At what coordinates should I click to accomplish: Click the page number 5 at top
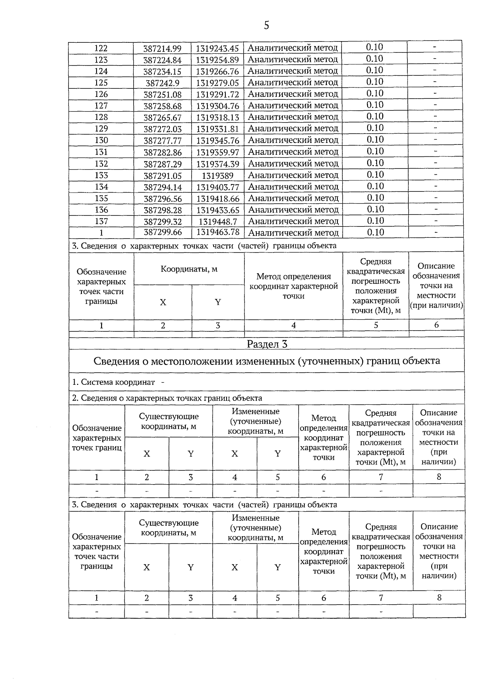pyautogui.click(x=266, y=26)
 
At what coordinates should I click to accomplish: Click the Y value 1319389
pyautogui.click(x=218, y=176)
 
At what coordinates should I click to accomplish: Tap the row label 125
pyautogui.click(x=101, y=83)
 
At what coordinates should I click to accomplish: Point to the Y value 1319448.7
pyautogui.click(x=218, y=222)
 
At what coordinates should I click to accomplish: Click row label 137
pyautogui.click(x=101, y=221)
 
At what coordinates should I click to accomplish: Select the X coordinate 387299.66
pyautogui.click(x=162, y=233)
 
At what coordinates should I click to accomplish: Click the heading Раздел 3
pyautogui.click(x=267, y=344)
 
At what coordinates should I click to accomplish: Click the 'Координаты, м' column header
pyautogui.click(x=189, y=269)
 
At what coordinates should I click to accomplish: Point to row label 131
pyautogui.click(x=101, y=152)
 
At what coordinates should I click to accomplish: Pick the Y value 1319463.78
pyautogui.click(x=218, y=233)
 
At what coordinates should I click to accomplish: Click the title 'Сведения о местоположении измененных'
pyautogui.click(x=267, y=361)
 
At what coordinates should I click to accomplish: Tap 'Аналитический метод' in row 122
pyautogui.click(x=293, y=48)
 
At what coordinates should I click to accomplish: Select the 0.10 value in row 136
pyautogui.click(x=375, y=209)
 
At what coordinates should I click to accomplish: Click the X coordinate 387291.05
pyautogui.click(x=162, y=176)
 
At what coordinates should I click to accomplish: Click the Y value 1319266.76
pyautogui.click(x=218, y=72)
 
